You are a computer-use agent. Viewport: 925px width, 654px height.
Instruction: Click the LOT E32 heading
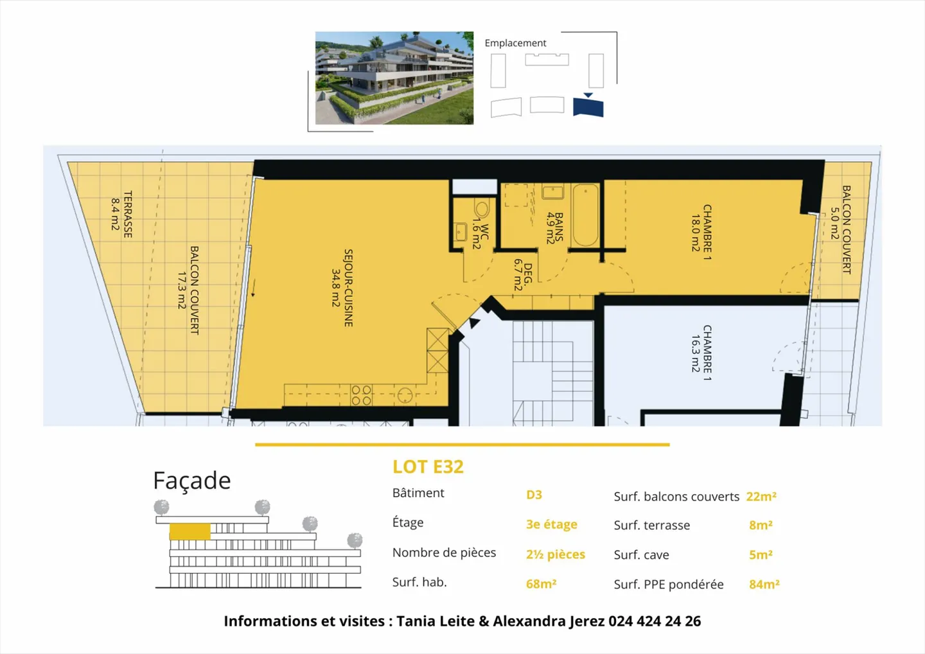pos(428,467)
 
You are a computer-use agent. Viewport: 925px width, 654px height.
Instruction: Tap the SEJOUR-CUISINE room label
pos(342,288)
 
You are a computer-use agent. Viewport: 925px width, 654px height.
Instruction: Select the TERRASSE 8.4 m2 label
pos(121,214)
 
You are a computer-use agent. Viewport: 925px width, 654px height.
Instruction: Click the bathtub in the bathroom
pos(585,215)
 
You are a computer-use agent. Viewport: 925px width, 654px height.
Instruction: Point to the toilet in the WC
pos(482,208)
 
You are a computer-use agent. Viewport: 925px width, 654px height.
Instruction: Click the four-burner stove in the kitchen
pos(361,395)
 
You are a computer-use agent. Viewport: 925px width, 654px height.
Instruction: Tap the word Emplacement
pos(515,43)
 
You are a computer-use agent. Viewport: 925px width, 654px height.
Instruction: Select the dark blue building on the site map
pos(588,106)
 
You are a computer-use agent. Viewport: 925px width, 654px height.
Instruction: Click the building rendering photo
pos(394,78)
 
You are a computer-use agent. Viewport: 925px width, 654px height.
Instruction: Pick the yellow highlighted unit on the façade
pos(189,532)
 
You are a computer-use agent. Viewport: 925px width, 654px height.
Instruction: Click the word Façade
pos(191,481)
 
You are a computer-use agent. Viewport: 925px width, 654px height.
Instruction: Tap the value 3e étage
pos(551,524)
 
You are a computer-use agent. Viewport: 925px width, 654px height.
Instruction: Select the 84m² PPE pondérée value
pos(764,584)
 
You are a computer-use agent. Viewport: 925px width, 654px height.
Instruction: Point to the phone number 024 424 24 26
pos(655,621)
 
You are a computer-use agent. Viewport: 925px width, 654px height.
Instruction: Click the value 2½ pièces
pos(555,554)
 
